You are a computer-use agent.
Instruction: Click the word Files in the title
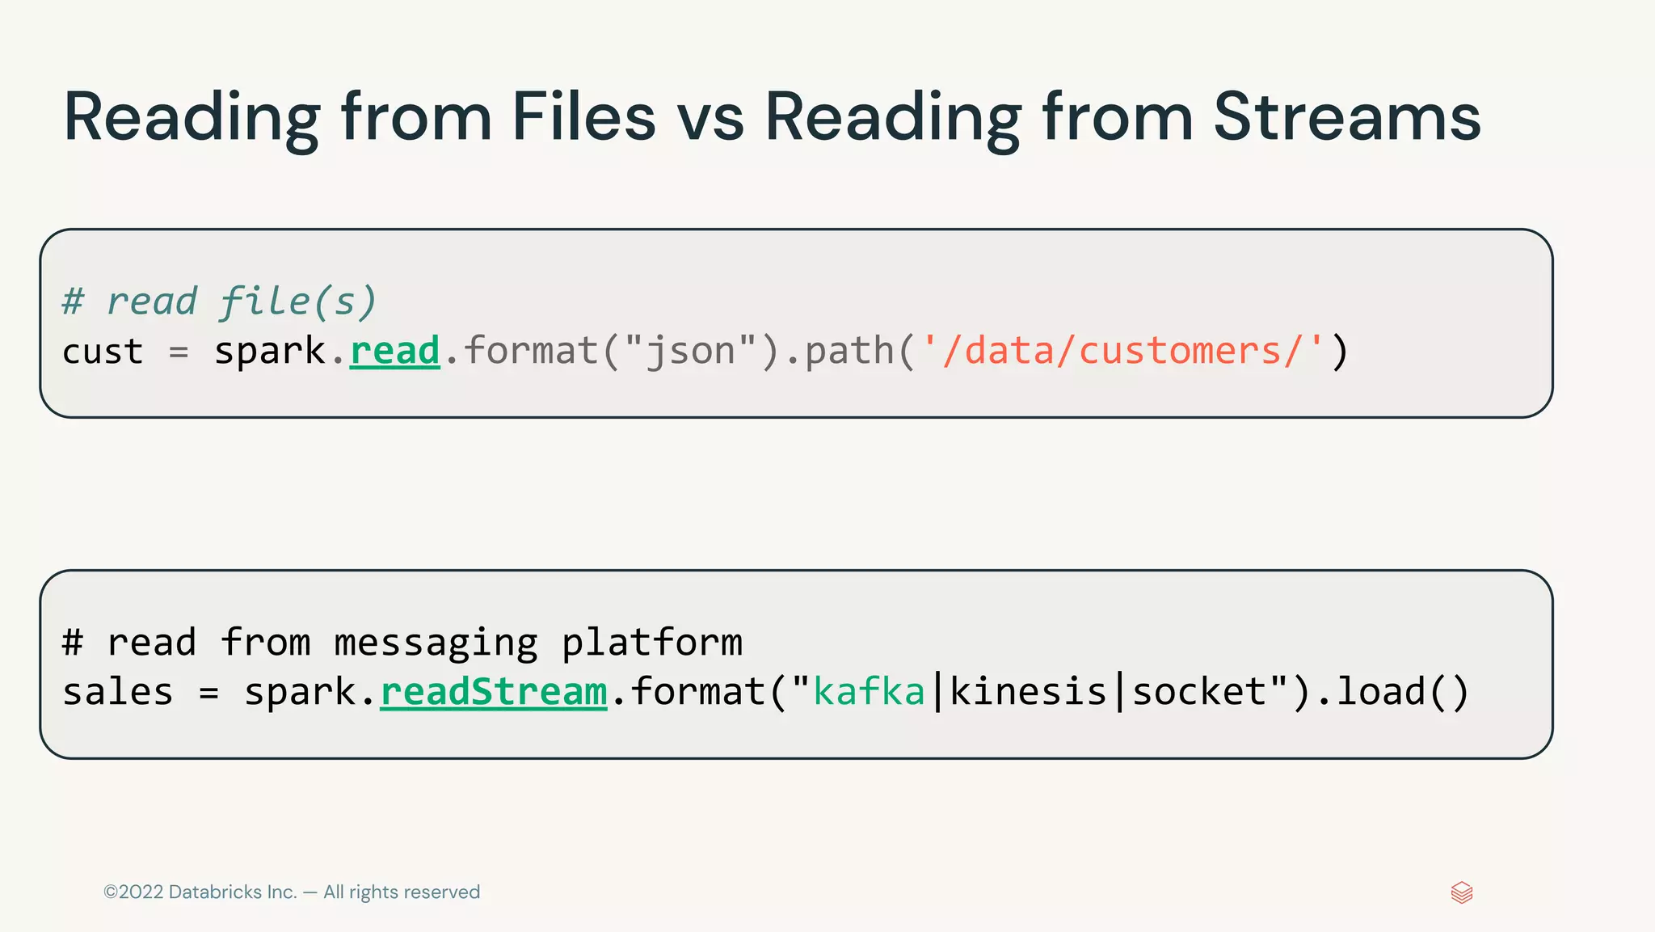[583, 117]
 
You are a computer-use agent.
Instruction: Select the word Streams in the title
[1346, 117]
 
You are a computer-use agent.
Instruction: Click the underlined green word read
[395, 352]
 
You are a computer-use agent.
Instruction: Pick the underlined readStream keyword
[493, 693]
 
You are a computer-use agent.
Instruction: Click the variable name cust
[103, 352]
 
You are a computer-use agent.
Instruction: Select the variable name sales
[118, 693]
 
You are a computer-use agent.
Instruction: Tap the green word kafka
[869, 693]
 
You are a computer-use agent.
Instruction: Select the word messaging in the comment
[436, 643]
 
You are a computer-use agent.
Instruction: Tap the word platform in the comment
[651, 643]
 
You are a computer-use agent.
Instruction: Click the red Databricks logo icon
[1462, 892]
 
